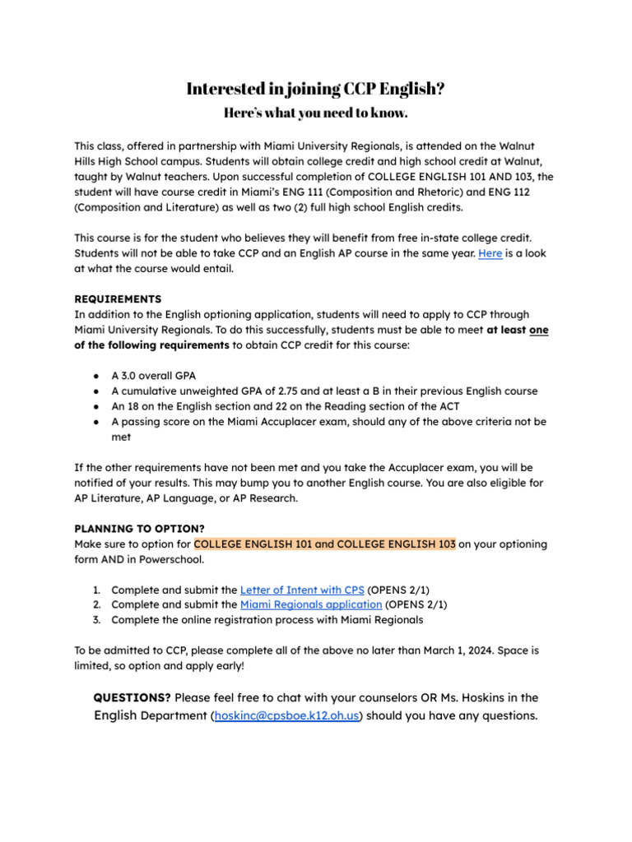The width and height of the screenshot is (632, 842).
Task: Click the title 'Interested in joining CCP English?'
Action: click(316, 89)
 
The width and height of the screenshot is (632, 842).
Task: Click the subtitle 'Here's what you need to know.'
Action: click(316, 113)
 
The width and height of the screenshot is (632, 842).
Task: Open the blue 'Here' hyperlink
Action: click(490, 254)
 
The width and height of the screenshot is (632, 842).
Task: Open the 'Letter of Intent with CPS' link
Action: click(301, 590)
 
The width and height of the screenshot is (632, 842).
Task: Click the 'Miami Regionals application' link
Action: click(311, 604)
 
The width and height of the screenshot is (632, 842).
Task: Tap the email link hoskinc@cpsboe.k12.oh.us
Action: click(287, 716)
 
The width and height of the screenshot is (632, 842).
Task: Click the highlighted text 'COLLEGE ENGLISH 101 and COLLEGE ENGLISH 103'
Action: click(324, 544)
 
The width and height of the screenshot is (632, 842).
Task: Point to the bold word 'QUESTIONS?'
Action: click(132, 698)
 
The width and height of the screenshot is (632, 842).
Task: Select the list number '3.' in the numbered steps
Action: click(96, 620)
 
